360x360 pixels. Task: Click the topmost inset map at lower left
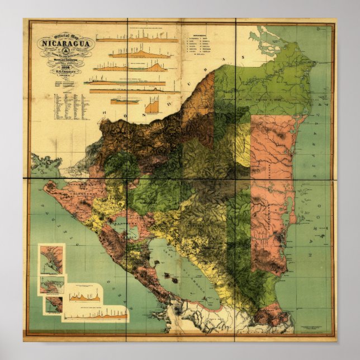pos(51,259)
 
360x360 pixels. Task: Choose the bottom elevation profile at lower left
pos(95,316)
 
